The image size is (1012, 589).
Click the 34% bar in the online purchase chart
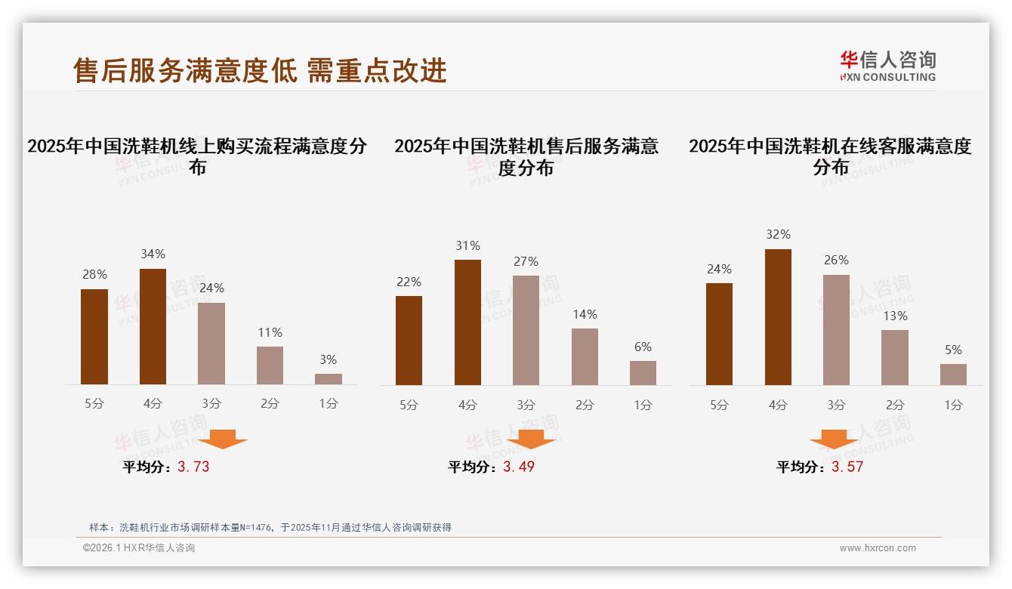pos(153,326)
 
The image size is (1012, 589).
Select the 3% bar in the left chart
pos(329,379)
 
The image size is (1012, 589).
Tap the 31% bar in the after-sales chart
pos(467,322)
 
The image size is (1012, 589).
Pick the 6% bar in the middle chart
pos(643,373)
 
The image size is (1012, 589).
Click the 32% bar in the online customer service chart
pos(778,317)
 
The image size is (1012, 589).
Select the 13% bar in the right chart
pos(895,357)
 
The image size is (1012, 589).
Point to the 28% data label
pos(94,275)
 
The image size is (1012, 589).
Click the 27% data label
pos(526,262)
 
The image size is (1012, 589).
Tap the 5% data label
pos(953,350)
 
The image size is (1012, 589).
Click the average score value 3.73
pos(193,467)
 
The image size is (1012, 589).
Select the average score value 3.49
pos(519,467)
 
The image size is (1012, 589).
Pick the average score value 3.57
pos(847,467)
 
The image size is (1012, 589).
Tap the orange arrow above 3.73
pos(223,439)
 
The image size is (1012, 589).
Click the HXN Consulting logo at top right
pos(887,66)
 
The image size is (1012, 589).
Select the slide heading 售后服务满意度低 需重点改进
pos(260,70)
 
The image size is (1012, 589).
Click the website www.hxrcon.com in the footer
pos(878,548)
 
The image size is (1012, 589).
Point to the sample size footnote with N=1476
pos(270,527)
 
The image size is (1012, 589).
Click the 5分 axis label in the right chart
pos(719,406)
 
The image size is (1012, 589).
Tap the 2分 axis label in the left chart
pos(270,404)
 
